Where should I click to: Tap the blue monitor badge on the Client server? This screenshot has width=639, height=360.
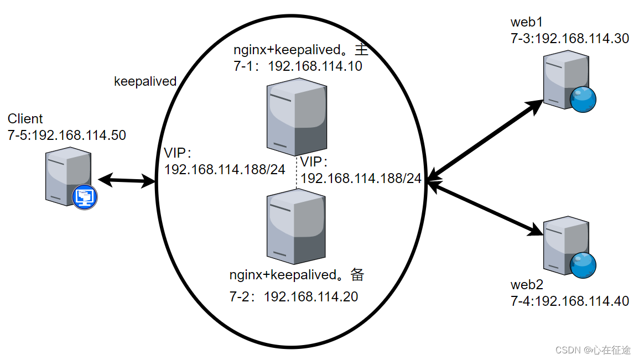tap(84, 196)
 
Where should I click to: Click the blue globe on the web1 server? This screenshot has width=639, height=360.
tap(583, 100)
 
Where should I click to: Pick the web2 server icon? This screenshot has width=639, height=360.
tap(564, 246)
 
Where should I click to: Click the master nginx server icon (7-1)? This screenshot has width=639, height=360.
tap(295, 116)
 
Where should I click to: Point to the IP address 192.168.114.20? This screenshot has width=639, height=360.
tap(311, 297)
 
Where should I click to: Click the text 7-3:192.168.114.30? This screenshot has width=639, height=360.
tap(569, 39)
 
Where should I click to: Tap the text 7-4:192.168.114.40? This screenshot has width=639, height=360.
tap(569, 301)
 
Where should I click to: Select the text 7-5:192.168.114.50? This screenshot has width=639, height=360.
tap(67, 135)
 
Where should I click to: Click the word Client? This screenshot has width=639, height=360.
tap(25, 119)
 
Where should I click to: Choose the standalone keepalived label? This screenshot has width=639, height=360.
tap(145, 82)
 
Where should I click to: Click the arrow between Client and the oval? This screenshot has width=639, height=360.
tap(127, 180)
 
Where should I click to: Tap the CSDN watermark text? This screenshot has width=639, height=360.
tap(593, 350)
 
